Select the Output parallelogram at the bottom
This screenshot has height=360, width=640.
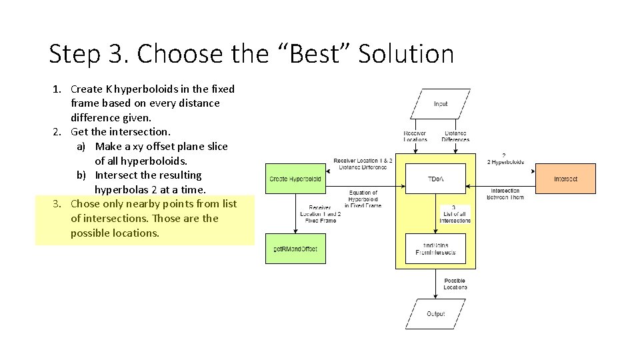tap(435, 314)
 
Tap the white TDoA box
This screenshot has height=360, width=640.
tap(435, 179)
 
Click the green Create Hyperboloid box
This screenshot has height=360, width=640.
tap(295, 179)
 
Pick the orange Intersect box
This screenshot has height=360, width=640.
tap(565, 179)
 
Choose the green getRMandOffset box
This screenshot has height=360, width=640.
tap(295, 249)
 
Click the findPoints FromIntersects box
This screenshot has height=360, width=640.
tap(435, 249)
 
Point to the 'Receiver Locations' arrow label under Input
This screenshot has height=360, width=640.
tap(415, 136)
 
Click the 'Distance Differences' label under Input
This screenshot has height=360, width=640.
tap(455, 136)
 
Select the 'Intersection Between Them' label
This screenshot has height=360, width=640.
tap(505, 194)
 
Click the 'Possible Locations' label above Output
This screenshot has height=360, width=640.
tap(455, 284)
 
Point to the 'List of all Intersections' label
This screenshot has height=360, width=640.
tap(455, 217)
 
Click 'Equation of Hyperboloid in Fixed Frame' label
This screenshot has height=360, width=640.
tap(363, 199)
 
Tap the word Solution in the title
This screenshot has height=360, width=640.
tap(406, 54)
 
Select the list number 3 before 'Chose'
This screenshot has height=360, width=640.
tap(57, 204)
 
